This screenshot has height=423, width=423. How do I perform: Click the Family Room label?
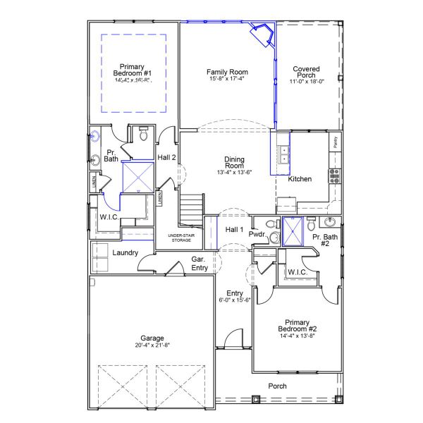[x=227, y=72]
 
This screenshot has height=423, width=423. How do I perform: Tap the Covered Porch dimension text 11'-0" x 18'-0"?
[x=307, y=82]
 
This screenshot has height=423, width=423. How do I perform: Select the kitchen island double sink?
[x=284, y=154]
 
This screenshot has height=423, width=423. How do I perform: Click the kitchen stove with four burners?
[x=333, y=175]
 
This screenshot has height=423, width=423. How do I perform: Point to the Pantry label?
[x=335, y=143]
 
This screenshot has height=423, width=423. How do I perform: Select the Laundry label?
[x=125, y=252]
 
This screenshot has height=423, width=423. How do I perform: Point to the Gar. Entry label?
[x=200, y=264]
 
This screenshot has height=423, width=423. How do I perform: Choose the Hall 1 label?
[x=233, y=229]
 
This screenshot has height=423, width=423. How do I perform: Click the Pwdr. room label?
[x=257, y=233]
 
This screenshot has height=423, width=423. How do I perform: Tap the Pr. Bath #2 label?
[x=325, y=241]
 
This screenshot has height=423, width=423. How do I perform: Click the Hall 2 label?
[x=167, y=157]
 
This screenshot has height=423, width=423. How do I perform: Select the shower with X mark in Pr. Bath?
[x=138, y=176]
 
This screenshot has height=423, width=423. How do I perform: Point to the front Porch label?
[x=278, y=386]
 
